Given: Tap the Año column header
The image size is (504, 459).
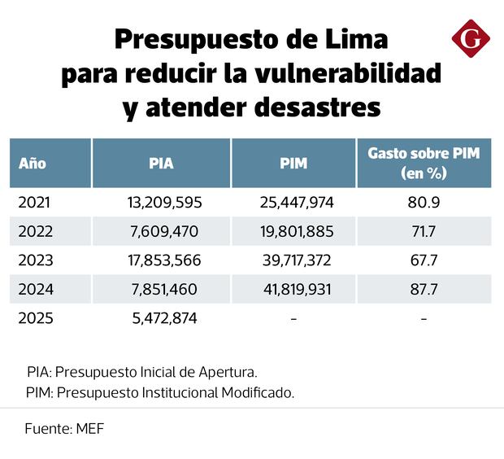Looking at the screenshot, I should pos(33,163).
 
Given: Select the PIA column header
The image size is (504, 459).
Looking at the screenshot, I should pos(161,163).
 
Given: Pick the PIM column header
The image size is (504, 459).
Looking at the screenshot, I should pos(293,163).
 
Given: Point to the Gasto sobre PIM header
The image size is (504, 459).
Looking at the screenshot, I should pos(424,163).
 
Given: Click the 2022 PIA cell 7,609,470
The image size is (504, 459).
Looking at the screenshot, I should pos(163,231).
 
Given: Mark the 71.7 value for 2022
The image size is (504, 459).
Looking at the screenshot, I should pos(424,231).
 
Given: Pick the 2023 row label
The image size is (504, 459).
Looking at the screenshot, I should pos(36,260).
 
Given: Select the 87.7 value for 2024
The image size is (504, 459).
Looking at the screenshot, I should pos(424,290).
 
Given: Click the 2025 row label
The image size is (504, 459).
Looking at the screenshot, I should pos(36,318).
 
